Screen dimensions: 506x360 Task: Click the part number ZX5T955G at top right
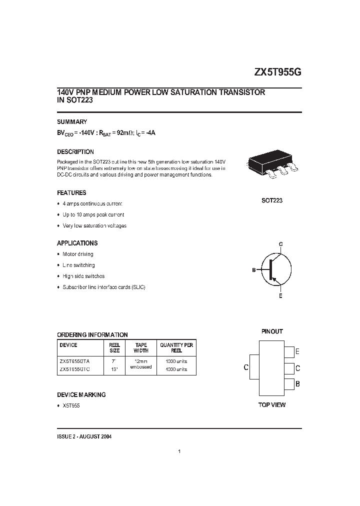pos(278,72)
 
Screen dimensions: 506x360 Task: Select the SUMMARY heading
pos(72,121)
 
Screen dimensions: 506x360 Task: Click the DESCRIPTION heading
pos(75,151)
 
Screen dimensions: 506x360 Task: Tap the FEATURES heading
pos(71,192)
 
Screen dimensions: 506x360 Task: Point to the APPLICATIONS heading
pos(77,243)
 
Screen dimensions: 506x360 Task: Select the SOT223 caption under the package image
pos(272,200)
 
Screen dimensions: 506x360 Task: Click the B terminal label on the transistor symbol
pos(254,270)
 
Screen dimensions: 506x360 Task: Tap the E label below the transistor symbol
pos(280,296)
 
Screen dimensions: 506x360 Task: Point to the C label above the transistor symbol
pos(280,243)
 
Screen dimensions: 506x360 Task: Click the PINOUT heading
pos(272,331)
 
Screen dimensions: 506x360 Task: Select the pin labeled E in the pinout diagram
pos(290,351)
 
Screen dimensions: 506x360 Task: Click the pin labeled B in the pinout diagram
pos(290,384)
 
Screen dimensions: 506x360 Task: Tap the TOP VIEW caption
pos(272,404)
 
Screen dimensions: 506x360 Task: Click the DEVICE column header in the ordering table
pos(68,345)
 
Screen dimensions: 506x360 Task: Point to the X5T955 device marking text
pos(71,405)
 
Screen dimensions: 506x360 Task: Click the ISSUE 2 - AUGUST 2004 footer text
pos(84,436)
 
